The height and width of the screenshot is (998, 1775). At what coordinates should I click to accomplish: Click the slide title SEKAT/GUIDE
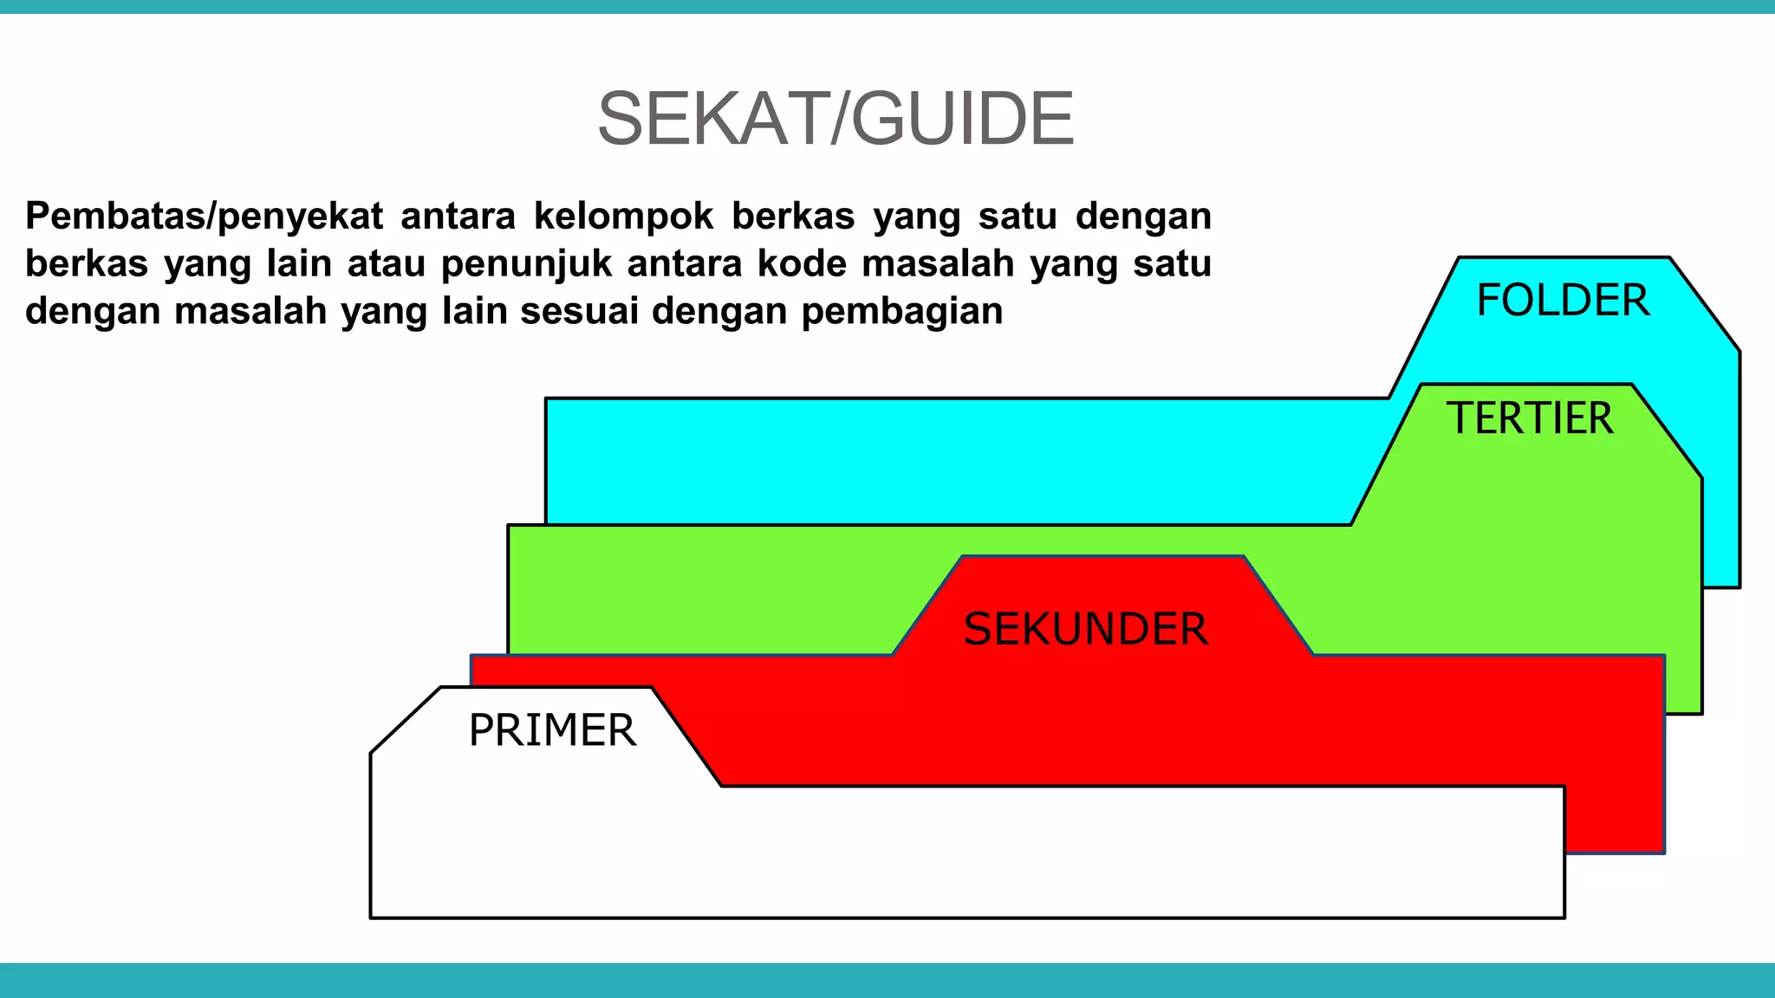click(x=835, y=119)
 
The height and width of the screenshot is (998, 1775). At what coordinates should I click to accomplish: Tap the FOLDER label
click(x=1563, y=301)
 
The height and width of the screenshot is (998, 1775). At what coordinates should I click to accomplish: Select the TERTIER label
click(x=1530, y=418)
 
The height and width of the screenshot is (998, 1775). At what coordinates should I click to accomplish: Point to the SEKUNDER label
click(x=1085, y=629)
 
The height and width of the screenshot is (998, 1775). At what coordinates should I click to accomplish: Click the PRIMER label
click(x=552, y=730)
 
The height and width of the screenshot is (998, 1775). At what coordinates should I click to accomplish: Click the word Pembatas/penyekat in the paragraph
click(x=204, y=217)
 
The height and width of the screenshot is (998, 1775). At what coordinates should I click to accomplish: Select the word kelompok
click(x=623, y=217)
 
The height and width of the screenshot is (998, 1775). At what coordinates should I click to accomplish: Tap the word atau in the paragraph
click(x=386, y=263)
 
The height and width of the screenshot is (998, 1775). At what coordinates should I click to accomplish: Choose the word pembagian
click(x=901, y=312)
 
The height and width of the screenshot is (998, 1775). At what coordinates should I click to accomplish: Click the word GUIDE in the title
click(x=963, y=119)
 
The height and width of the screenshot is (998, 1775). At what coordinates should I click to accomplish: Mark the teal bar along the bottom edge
click(x=887, y=980)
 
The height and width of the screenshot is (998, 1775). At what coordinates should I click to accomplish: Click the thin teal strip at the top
click(x=887, y=6)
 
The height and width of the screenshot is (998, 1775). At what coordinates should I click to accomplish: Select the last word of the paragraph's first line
click(x=1143, y=217)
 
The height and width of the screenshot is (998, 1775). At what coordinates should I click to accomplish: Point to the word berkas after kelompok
click(x=793, y=217)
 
